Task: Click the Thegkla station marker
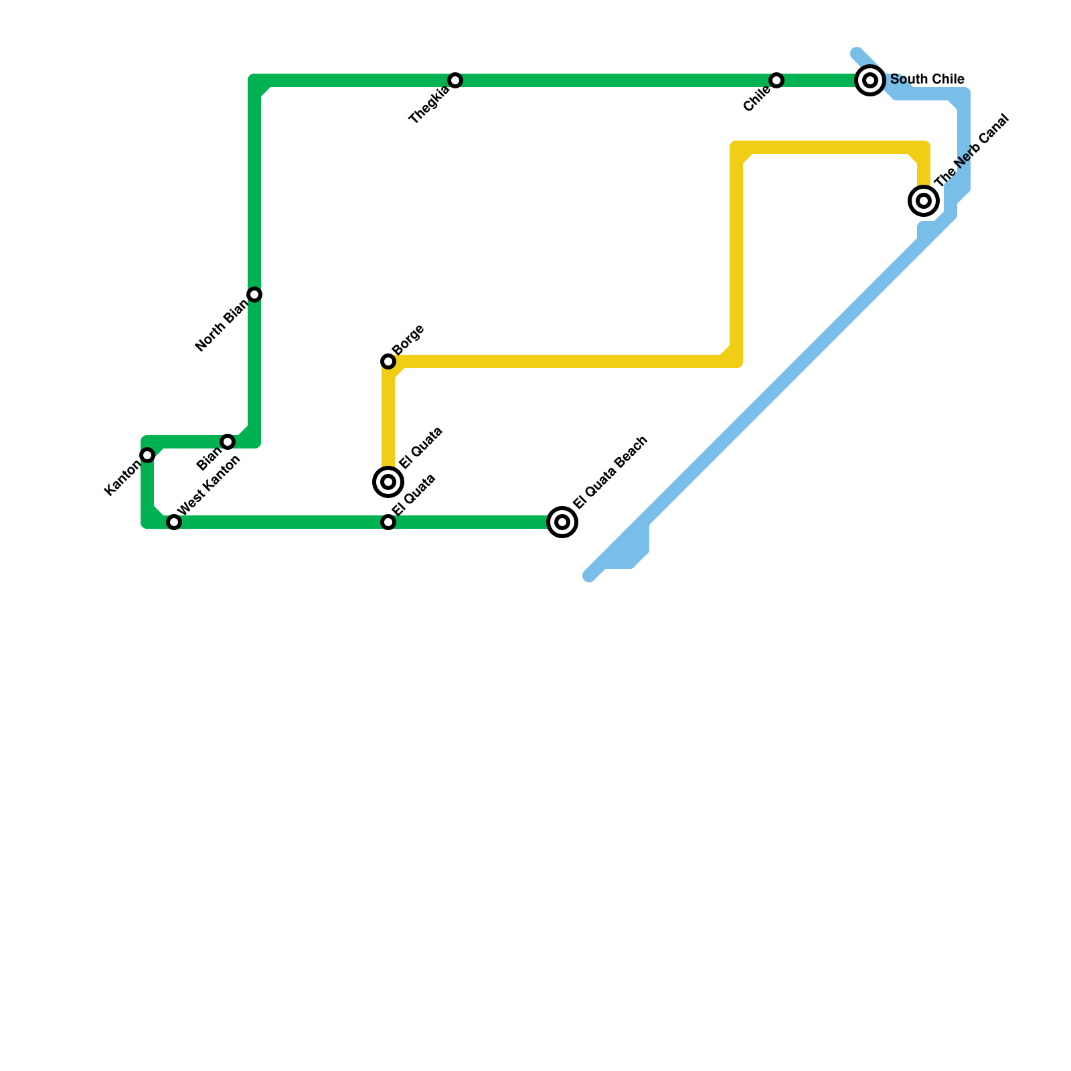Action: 455,80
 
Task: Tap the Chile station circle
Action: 776,80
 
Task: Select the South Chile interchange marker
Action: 870,80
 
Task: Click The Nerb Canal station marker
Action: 924,200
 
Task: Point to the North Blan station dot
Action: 254,295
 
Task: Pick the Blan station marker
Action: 228,442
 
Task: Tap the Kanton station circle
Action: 147,455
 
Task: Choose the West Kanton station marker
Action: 174,522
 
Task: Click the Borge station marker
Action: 388,361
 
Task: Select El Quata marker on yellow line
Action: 388,481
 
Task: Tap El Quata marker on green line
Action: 388,522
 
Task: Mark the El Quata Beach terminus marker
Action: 562,522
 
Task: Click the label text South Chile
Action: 927,80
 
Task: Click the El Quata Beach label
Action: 610,472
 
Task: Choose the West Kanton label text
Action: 209,485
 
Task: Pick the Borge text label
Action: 408,340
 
